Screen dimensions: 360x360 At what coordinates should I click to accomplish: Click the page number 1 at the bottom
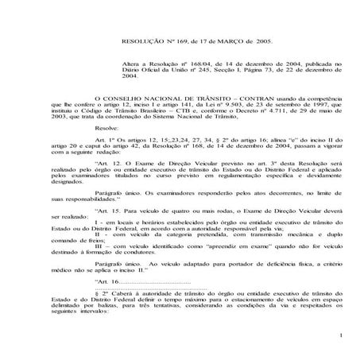[x=339, y=343]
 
